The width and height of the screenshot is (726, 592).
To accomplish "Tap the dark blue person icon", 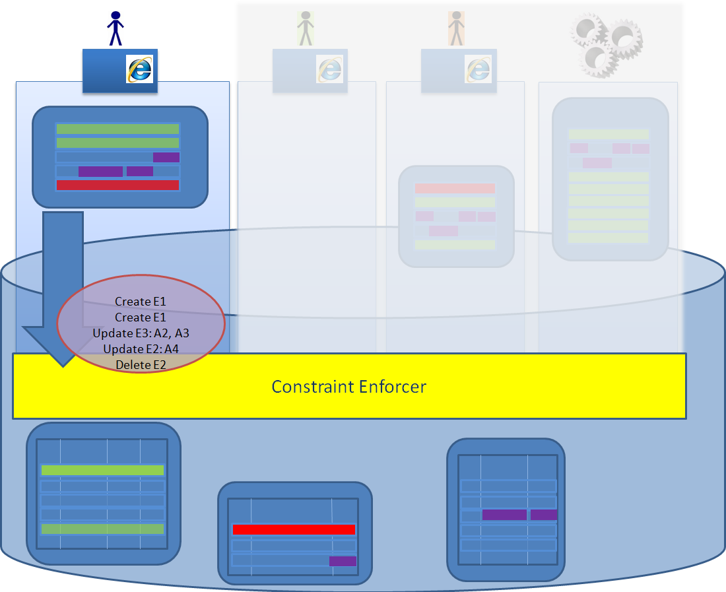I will (x=115, y=28).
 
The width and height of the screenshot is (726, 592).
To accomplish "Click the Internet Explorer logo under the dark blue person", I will (x=139, y=69).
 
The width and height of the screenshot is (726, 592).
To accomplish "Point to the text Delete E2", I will (x=141, y=364).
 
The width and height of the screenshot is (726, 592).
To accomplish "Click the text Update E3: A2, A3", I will (x=141, y=333).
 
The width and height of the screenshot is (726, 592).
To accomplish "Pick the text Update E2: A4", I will (x=141, y=348).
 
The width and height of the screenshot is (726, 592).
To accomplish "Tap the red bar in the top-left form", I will (x=117, y=185).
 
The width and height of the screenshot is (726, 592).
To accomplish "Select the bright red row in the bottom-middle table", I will (x=294, y=529).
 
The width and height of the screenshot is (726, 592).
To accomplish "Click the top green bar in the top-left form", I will (x=117, y=129).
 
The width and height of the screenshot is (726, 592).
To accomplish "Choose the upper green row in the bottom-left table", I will (x=102, y=470).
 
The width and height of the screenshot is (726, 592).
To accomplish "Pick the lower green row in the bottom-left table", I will (x=102, y=529).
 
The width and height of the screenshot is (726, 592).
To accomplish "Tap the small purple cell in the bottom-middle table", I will (x=343, y=561).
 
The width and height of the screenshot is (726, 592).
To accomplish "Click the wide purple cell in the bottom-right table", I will (x=504, y=515).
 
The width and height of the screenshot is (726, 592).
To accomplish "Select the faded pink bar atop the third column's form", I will (x=455, y=189).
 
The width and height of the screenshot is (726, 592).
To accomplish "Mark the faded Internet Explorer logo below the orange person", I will (x=478, y=69).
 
